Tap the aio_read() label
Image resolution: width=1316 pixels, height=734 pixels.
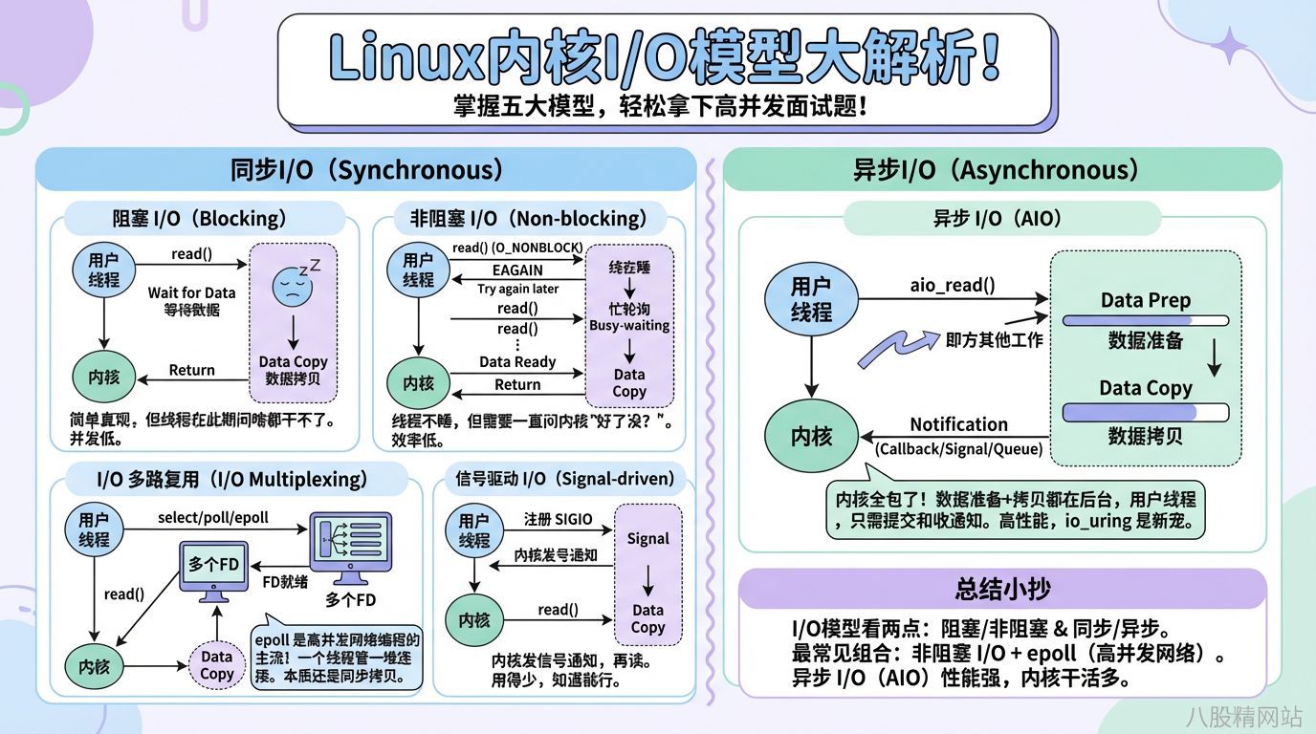[x=952, y=284]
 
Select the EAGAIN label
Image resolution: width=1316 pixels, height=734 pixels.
[x=517, y=270]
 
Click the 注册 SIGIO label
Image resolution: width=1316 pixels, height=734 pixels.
[x=558, y=519]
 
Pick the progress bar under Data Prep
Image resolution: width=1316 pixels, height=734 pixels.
[x=1145, y=321]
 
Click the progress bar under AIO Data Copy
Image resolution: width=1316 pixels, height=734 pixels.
[x=1145, y=412]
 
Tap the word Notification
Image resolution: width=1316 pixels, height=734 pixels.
[x=958, y=424]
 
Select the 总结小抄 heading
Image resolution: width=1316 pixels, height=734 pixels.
[x=1002, y=589]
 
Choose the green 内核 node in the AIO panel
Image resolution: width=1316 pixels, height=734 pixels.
[x=811, y=437]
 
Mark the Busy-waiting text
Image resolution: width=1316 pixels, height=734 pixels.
[x=629, y=325]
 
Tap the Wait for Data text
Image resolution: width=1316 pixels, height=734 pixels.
[x=191, y=292]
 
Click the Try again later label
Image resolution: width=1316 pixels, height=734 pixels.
[x=517, y=288]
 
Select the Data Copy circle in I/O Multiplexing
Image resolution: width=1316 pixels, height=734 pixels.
[x=217, y=665]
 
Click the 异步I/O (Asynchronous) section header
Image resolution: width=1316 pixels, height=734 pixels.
[x=1001, y=170]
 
